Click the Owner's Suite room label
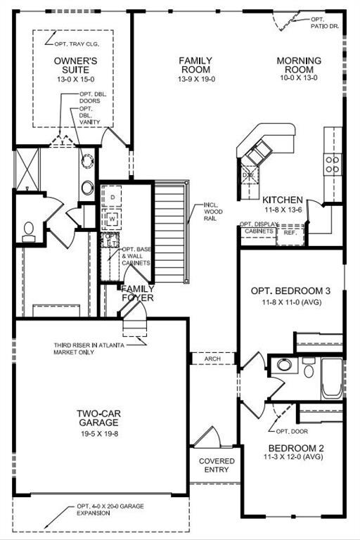pos(76,65)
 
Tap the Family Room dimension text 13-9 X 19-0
pos(196,79)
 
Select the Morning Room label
pos(299,65)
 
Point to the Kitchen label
pos(283,200)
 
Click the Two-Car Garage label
pos(99,418)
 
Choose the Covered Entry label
pos(217,465)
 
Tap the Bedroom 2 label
pos(296,449)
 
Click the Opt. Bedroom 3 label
pos(290,291)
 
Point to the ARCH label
pos(212,359)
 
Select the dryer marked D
pos(112,197)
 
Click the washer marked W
pos(112,219)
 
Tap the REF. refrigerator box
pos(290,235)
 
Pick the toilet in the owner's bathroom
pos(29,231)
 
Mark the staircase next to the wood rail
pos(169,233)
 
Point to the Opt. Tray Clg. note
pos(77,44)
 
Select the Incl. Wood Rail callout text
pos(213,212)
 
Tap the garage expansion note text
pos(110,510)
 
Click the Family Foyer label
pos(138,293)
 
